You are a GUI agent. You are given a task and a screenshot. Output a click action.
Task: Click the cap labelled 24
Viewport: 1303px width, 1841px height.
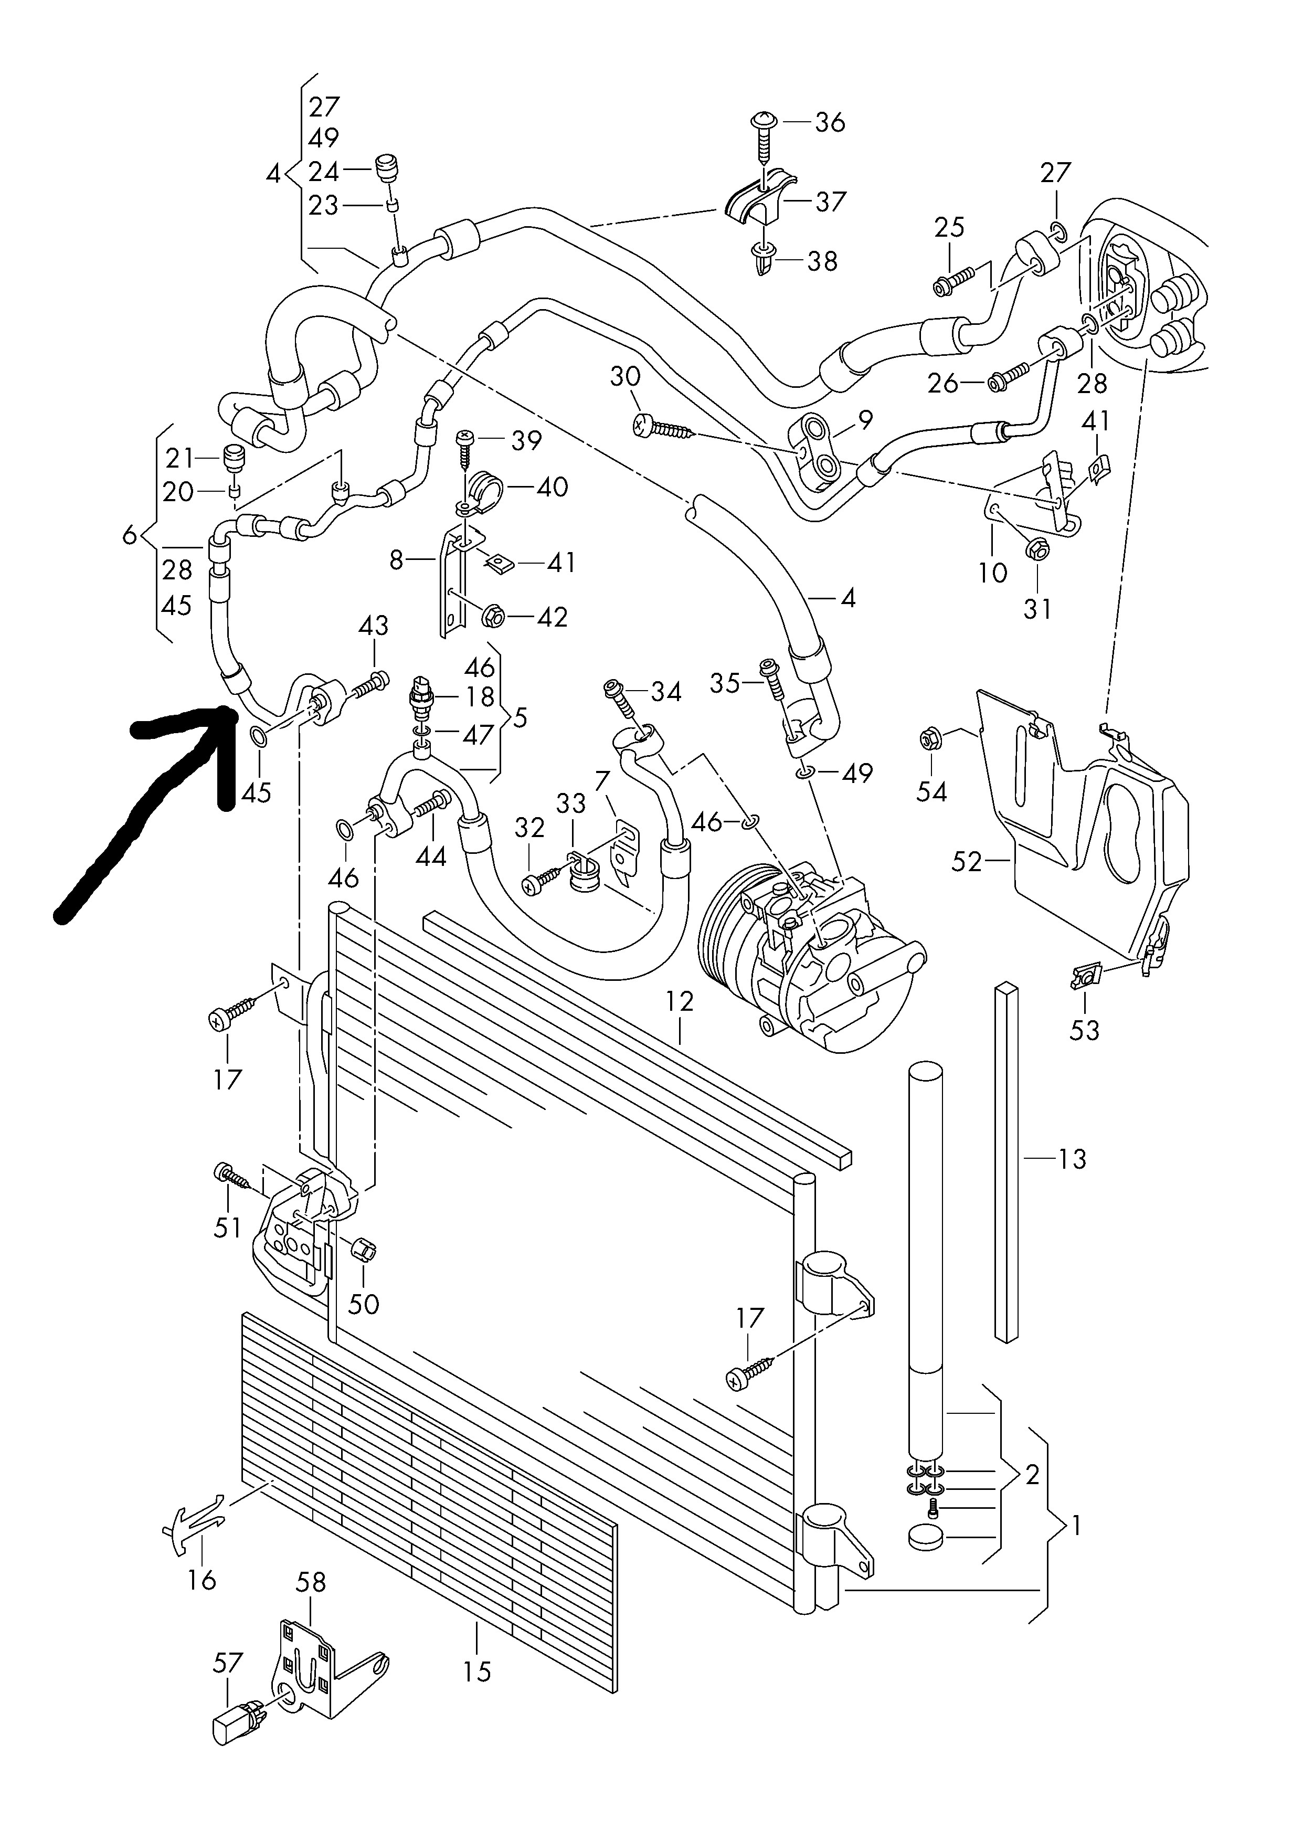pos(387,170)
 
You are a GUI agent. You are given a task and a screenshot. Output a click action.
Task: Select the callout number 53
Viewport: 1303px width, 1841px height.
pos(1084,1030)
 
